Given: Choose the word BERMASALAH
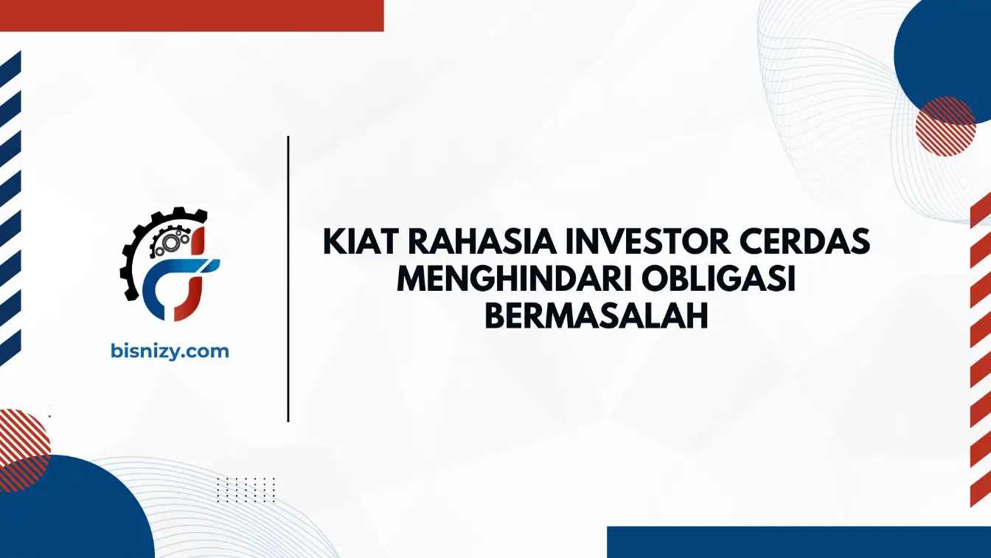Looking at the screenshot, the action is (x=597, y=316).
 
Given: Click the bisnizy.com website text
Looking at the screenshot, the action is (x=170, y=351).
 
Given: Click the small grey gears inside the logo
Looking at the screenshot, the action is (x=170, y=241).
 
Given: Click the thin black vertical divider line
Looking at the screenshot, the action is (x=288, y=279).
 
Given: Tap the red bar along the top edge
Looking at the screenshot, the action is (x=192, y=15).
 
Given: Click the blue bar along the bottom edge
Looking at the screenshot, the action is (x=799, y=542).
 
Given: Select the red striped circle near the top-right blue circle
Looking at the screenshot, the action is (x=945, y=125).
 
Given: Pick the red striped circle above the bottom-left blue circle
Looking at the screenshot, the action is (x=22, y=450).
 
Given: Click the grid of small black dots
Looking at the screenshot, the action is (x=246, y=490).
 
